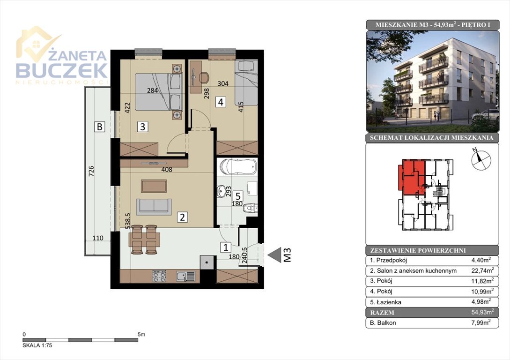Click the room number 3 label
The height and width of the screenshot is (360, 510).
142,126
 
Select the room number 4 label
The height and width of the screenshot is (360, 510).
221,102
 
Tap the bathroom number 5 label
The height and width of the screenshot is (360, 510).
238,196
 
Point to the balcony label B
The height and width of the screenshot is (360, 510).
100,126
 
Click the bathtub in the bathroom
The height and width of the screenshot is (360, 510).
238,167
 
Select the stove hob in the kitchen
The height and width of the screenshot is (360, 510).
159,277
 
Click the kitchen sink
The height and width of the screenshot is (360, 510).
186,277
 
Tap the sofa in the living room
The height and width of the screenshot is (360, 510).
154,207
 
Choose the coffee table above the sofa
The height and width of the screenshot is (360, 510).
154,186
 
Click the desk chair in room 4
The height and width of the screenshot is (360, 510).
203,77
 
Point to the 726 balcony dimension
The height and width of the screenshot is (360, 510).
91,171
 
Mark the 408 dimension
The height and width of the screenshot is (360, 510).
167,169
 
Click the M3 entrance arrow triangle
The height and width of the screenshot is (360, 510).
274,255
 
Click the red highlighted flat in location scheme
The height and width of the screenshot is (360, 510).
412,177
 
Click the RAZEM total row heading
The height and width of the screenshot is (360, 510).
382,313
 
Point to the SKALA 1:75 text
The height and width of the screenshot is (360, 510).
37,345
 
